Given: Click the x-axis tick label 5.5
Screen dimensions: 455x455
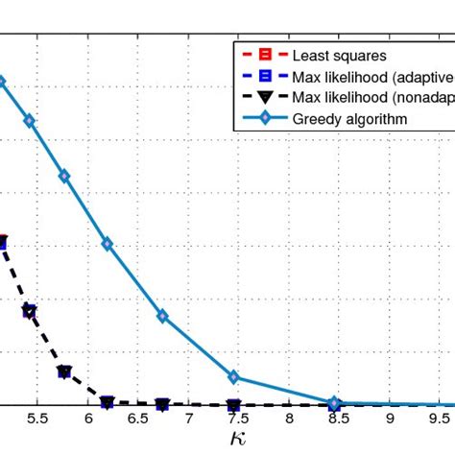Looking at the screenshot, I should tap(37, 419).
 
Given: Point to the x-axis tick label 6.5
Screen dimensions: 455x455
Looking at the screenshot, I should tap(138, 419).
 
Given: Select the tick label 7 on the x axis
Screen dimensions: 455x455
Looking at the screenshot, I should tap(188, 419).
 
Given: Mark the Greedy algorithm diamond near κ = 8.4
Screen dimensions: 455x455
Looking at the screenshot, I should tap(334, 402).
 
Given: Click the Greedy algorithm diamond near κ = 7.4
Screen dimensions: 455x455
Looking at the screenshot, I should tap(233, 376).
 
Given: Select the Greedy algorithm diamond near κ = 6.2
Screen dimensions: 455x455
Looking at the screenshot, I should tap(108, 244).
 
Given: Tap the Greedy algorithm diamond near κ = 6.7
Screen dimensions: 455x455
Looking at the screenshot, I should tap(162, 316).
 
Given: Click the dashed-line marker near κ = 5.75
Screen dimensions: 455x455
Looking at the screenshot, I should tap(64, 371).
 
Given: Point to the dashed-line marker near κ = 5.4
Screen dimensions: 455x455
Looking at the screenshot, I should tap(30, 311).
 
